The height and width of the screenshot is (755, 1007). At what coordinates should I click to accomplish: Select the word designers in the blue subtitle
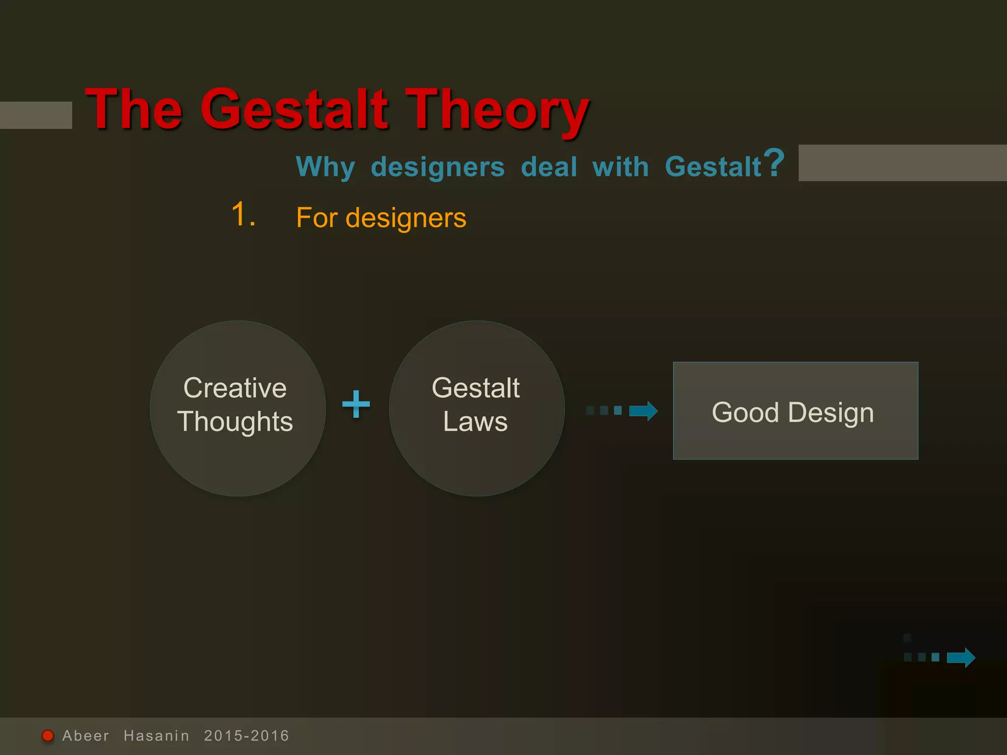[x=438, y=167]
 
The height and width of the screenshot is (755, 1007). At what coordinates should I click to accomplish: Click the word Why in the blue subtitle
[x=325, y=167]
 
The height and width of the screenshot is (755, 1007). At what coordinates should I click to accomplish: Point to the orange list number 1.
[x=243, y=214]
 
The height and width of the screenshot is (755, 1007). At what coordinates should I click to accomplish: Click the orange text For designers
[x=381, y=218]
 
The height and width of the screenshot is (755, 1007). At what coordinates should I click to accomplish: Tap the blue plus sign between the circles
[x=356, y=404]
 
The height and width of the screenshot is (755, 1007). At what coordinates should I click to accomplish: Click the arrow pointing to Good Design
[x=643, y=411]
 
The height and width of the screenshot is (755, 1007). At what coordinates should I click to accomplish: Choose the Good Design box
[x=795, y=411]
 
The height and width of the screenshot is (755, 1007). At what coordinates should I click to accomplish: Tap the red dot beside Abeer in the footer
[x=48, y=736]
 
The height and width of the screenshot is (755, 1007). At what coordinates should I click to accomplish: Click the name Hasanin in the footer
[x=156, y=736]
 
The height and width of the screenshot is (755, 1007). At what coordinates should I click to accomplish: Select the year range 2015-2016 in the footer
[x=246, y=736]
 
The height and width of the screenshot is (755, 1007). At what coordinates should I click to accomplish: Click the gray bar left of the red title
[x=35, y=115]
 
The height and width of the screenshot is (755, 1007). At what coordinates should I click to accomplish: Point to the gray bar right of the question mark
[x=902, y=163]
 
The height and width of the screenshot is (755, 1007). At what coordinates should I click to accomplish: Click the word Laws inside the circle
[x=475, y=422]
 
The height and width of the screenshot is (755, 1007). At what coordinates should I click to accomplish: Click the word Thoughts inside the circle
[x=235, y=422]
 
